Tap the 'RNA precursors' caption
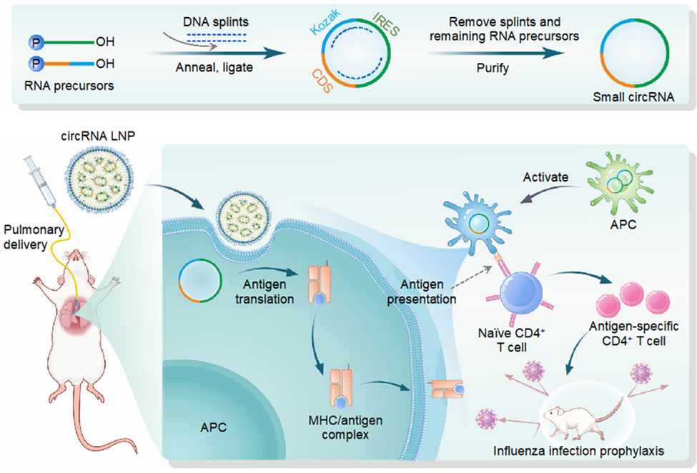coord(69,86)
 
